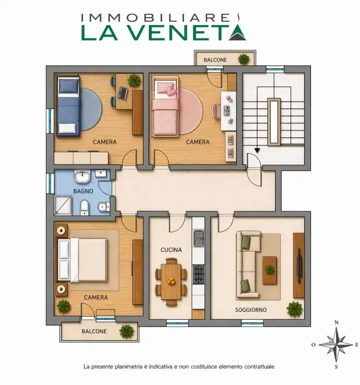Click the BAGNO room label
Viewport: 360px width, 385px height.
click(83, 191)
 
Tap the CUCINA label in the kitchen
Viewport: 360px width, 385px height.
click(171, 250)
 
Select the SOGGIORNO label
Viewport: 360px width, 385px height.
click(251, 310)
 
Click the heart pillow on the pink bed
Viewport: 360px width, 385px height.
click(170, 90)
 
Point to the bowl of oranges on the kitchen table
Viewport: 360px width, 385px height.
click(171, 281)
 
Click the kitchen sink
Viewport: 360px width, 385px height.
click(199, 238)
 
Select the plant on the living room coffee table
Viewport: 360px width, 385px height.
click(270, 270)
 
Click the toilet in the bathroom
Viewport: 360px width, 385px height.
click(84, 207)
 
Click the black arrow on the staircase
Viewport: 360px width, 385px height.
click(257, 150)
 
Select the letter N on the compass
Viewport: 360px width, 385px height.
click(336, 323)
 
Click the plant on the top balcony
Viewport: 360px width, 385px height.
click(243, 59)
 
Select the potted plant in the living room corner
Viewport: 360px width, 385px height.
click(295, 309)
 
